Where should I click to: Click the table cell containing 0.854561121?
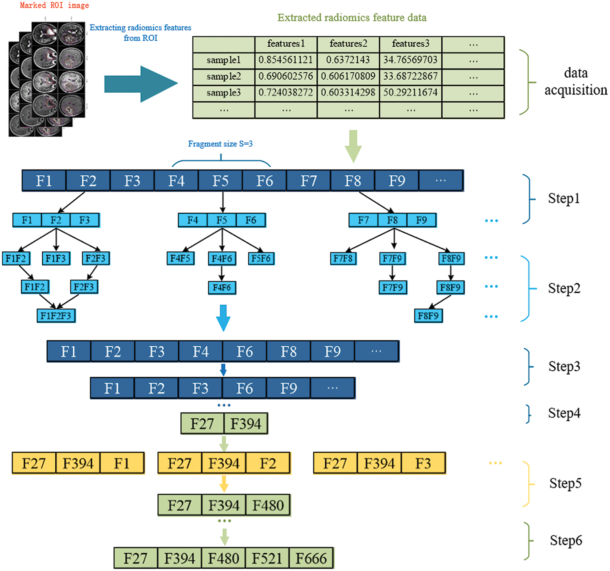(x=285, y=60)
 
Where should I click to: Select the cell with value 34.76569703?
(x=410, y=60)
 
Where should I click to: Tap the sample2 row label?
(x=223, y=76)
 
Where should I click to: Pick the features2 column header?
(x=348, y=44)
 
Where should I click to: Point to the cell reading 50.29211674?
(x=410, y=93)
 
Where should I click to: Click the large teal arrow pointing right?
(x=141, y=84)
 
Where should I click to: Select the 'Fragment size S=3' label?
(x=220, y=144)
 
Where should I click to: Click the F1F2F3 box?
(x=56, y=316)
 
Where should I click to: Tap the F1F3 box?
(x=56, y=258)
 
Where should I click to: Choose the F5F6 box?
(x=261, y=258)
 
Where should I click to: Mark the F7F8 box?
(x=343, y=258)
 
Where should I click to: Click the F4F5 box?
(x=180, y=258)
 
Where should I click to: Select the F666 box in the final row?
(x=311, y=558)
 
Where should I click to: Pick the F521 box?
(x=267, y=558)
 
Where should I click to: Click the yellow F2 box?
(x=268, y=463)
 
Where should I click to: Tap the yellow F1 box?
(x=122, y=463)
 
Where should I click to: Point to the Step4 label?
(x=564, y=413)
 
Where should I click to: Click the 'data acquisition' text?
(x=575, y=81)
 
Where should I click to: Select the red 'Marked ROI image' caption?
(x=54, y=5)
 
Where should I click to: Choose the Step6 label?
(x=566, y=540)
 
